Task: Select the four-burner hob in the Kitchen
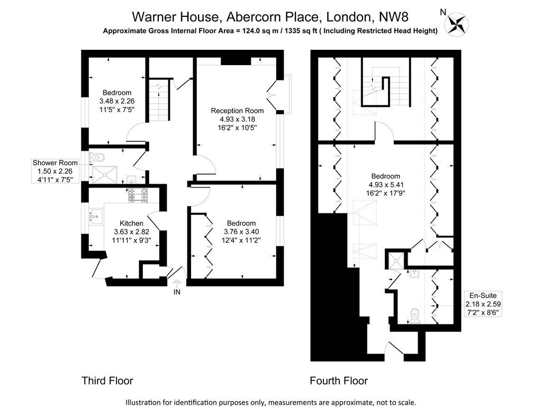tap(138, 195)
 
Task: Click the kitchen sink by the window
tap(96, 217)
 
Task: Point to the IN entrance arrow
tap(177, 284)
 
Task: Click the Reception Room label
tap(237, 111)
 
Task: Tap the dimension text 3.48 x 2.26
tap(117, 101)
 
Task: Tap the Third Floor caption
tap(107, 381)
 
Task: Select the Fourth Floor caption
tap(339, 381)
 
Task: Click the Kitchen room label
tap(131, 223)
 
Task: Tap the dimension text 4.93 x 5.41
tap(385, 185)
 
